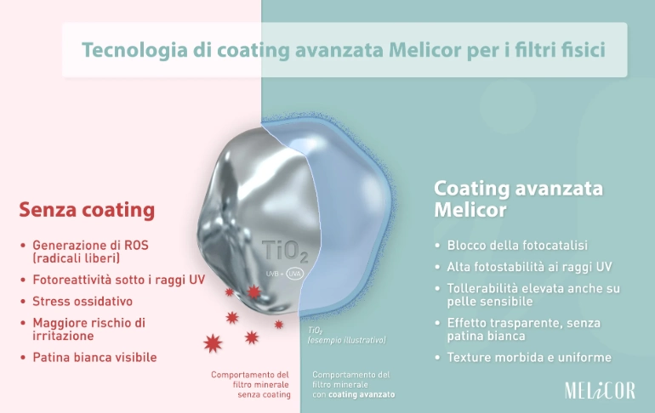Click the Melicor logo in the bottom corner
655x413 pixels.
pos(599,390)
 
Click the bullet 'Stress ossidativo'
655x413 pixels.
pos(83,302)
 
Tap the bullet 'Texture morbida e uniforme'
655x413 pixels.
pos(525,358)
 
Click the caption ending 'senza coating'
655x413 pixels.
pos(252,384)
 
